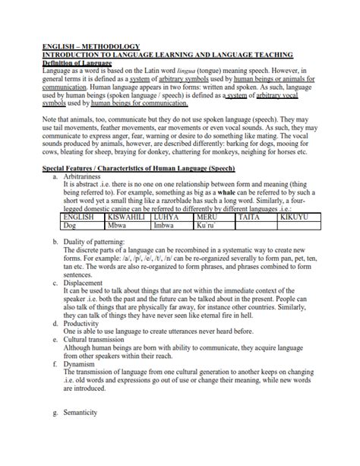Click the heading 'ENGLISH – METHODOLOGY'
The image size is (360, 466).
click(x=80, y=47)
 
